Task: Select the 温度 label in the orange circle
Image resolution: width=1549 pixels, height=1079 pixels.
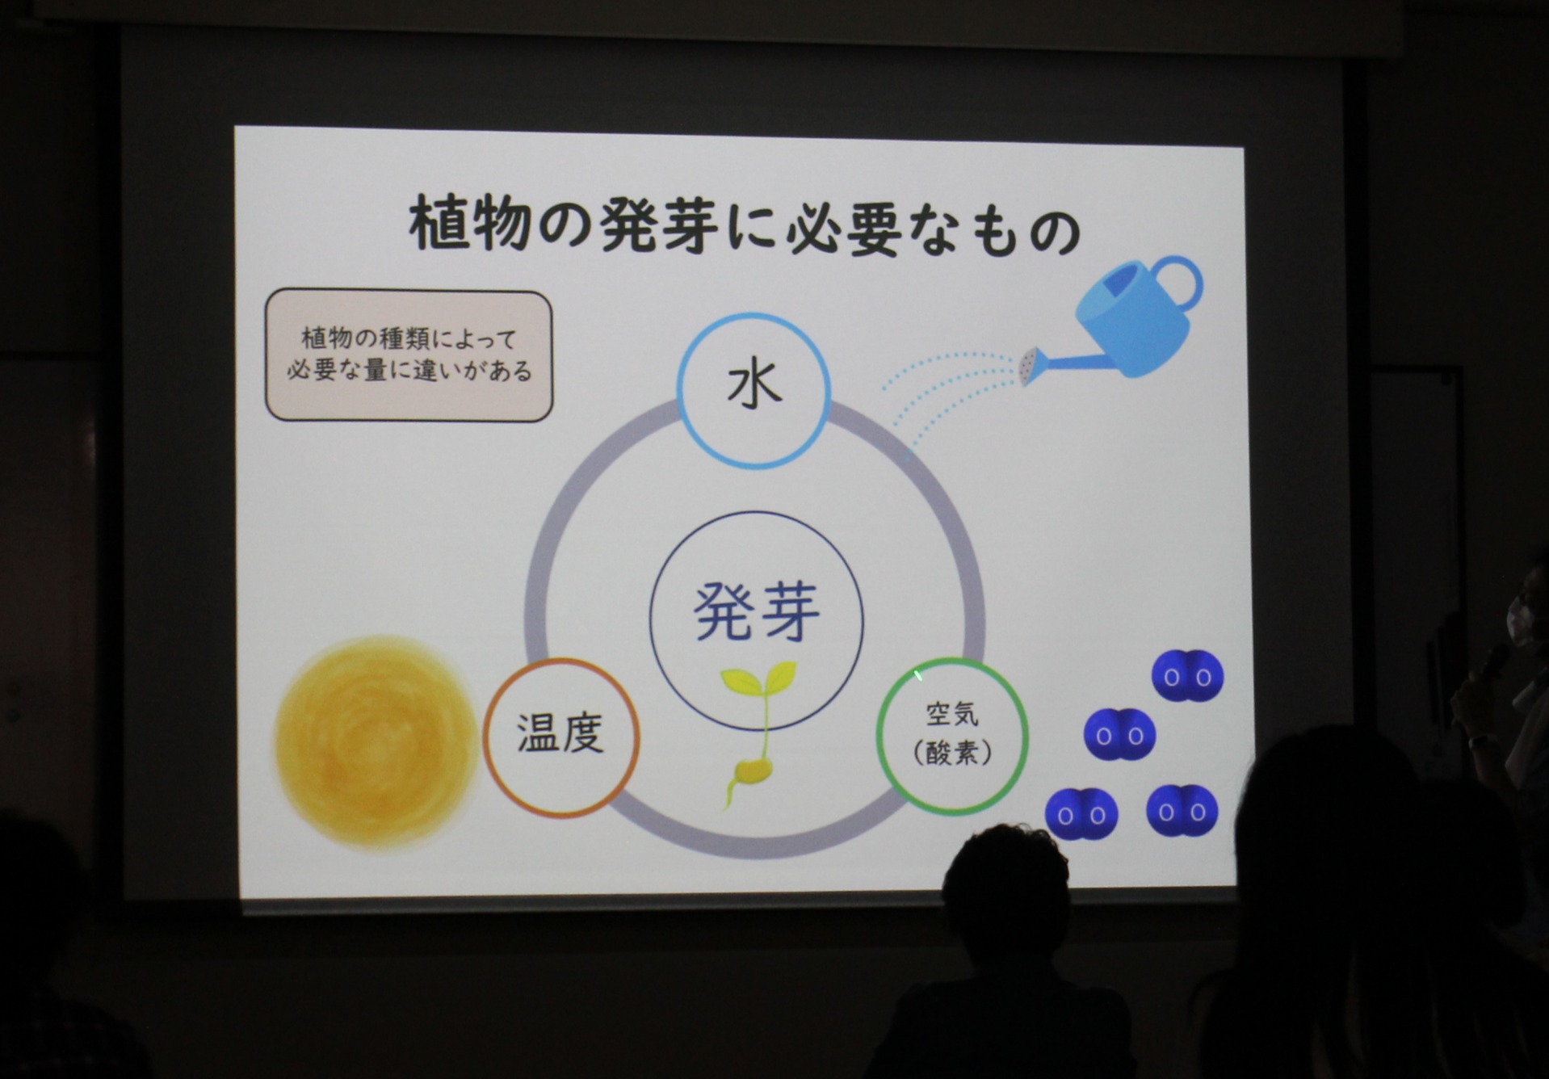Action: [560, 734]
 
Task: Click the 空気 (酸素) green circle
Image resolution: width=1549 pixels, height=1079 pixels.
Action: [953, 734]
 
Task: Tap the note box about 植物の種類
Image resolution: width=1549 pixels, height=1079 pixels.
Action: [409, 355]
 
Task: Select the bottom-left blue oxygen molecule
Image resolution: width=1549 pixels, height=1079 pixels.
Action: [1081, 814]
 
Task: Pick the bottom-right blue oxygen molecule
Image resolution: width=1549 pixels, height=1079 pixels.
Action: [1182, 810]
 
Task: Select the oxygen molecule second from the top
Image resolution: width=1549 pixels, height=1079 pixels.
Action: [1120, 735]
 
